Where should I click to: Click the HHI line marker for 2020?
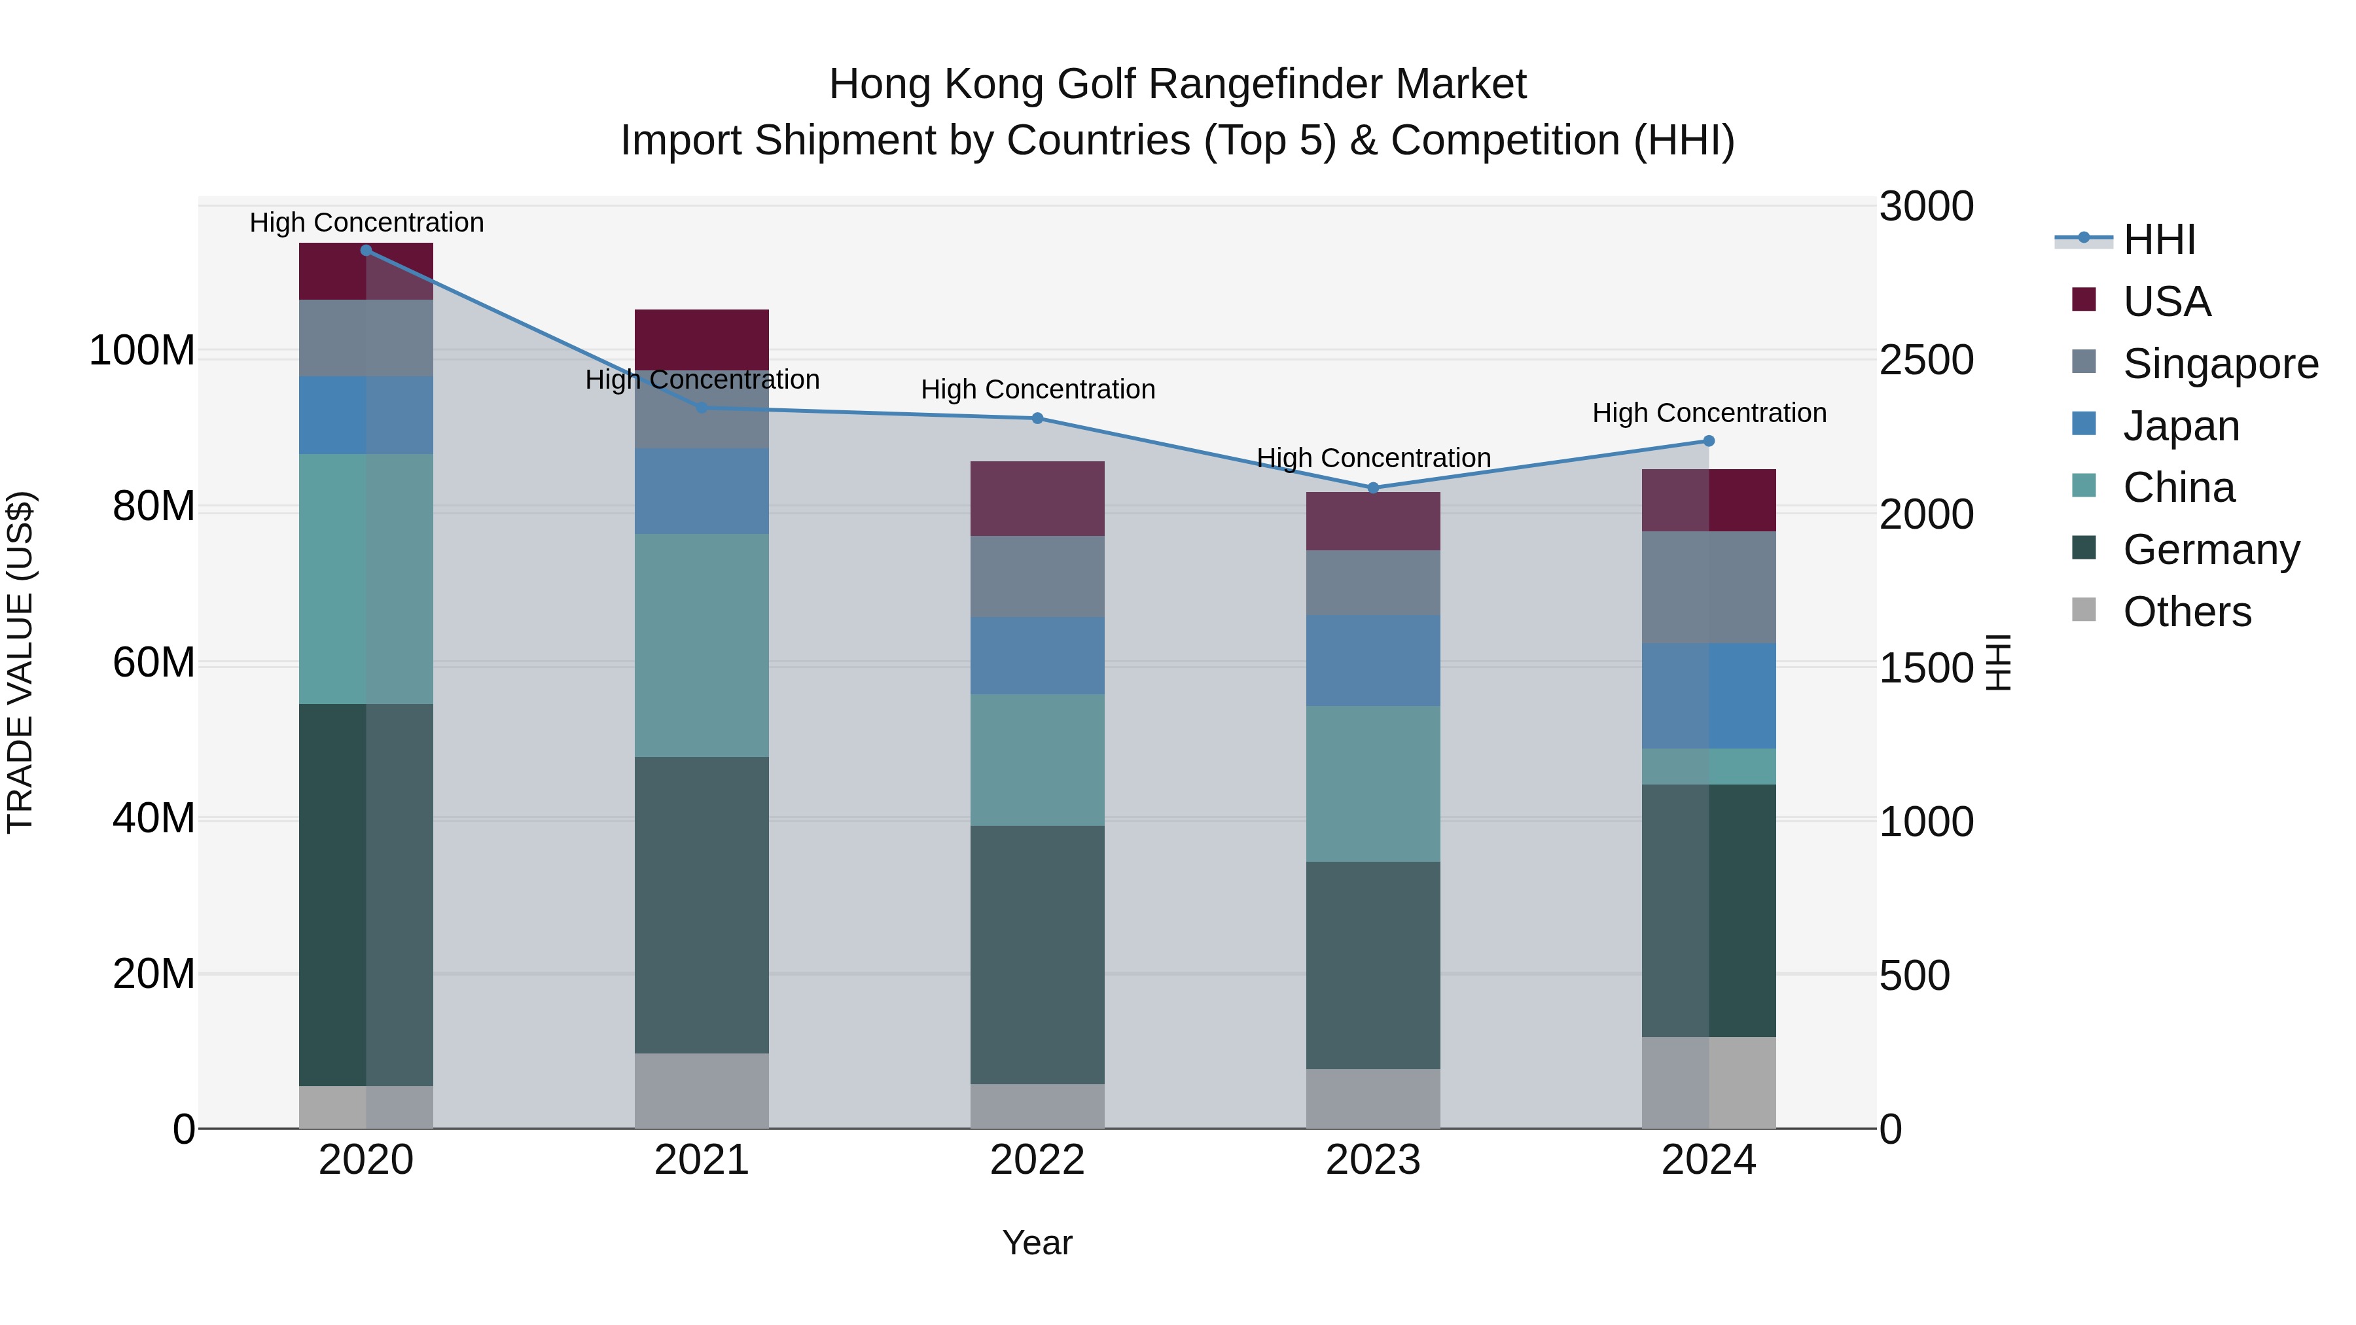point(366,251)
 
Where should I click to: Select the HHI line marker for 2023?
point(1373,488)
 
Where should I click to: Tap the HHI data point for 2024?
point(1709,442)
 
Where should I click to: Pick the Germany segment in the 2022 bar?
point(1037,955)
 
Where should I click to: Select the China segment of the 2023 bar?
point(1373,784)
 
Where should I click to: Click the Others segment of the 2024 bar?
point(1709,1083)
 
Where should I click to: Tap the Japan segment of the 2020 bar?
point(366,415)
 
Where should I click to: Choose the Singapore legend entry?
point(2220,364)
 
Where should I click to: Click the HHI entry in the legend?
point(2158,239)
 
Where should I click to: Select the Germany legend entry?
point(2211,550)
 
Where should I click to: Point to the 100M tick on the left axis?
point(142,351)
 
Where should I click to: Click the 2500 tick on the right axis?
point(1926,361)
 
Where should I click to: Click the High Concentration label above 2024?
point(1709,414)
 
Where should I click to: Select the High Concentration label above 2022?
point(1037,389)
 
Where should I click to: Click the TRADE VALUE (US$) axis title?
point(20,662)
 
